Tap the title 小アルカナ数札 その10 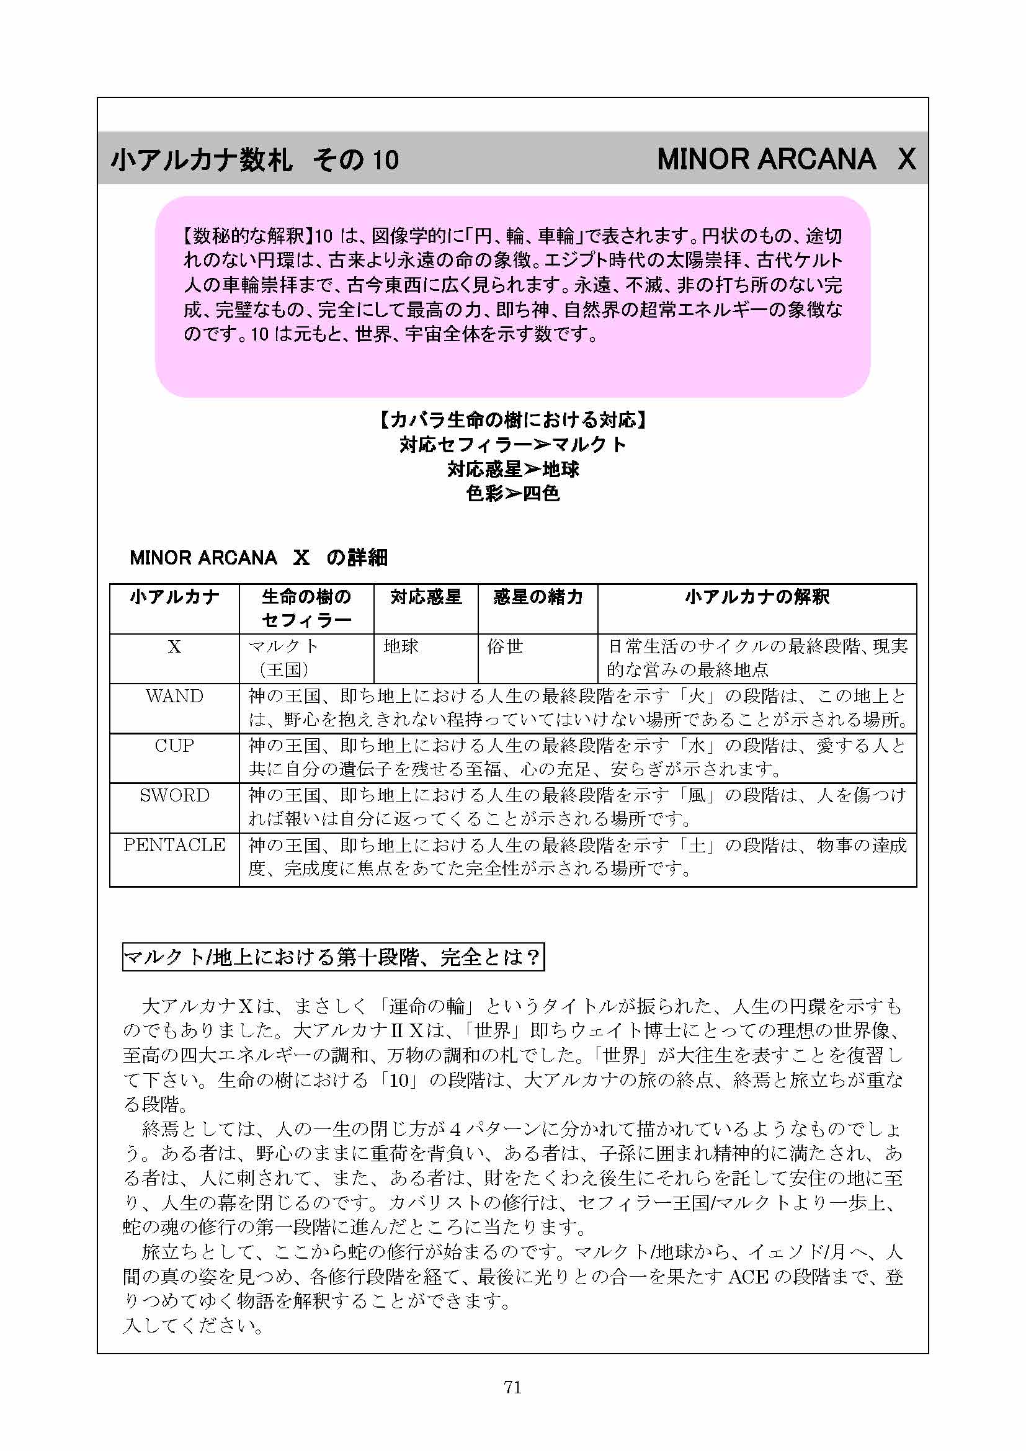[x=254, y=159]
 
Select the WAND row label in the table [x=174, y=696]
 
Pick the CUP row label [x=174, y=746]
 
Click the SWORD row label [x=174, y=795]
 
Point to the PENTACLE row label [x=174, y=845]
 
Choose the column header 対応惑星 [x=426, y=597]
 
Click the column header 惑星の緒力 [x=538, y=597]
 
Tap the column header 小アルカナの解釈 [x=757, y=597]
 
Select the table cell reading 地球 [x=401, y=646]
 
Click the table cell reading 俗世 [x=506, y=646]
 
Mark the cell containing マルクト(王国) [x=284, y=657]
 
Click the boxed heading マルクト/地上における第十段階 [x=333, y=957]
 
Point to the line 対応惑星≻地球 [x=513, y=469]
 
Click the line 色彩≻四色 [x=513, y=494]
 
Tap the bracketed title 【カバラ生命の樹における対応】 [x=513, y=419]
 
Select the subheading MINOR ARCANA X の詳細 [x=259, y=558]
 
